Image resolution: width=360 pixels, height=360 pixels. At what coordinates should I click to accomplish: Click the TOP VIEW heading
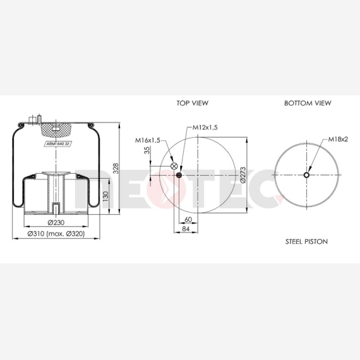coord(193,103)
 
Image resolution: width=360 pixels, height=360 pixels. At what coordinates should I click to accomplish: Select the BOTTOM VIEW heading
coord(308,103)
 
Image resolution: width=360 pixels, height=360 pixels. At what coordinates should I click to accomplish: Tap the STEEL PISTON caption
coord(306,241)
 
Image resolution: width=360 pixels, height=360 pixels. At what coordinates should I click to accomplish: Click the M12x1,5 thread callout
coord(205,128)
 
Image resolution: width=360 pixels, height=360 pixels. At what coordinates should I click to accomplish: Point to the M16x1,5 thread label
coord(147,140)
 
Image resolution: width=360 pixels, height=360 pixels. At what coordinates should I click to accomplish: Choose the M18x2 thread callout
coord(338,139)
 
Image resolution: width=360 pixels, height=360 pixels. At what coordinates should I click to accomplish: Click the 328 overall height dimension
coord(116,168)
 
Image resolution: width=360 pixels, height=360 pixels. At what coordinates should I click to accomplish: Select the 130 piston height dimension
coord(105,196)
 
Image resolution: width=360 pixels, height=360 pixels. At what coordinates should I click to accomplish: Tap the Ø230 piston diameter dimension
coord(56,222)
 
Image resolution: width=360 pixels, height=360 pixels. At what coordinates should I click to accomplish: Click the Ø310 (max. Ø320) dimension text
coord(56,234)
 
